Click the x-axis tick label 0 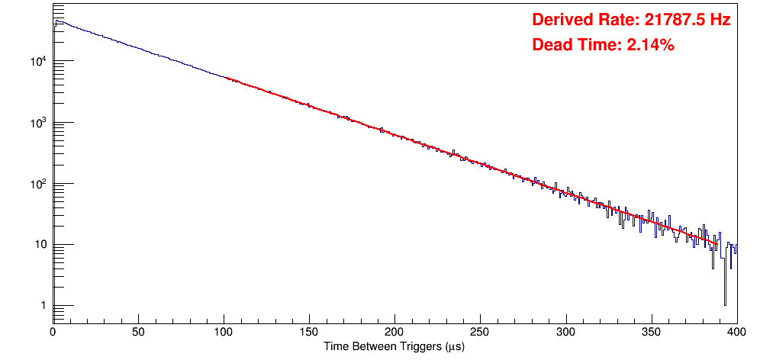click(53, 331)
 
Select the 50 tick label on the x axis click(138, 331)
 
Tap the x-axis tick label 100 click(224, 331)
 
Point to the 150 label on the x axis click(309, 331)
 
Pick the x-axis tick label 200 click(394, 331)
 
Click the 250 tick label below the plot click(480, 331)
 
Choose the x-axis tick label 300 click(565, 331)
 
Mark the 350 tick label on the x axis click(651, 331)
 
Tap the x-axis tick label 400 click(736, 331)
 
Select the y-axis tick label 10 click(41, 245)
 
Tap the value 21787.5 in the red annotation click(671, 21)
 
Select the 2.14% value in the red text click(650, 45)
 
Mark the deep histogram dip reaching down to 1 click(725, 304)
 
